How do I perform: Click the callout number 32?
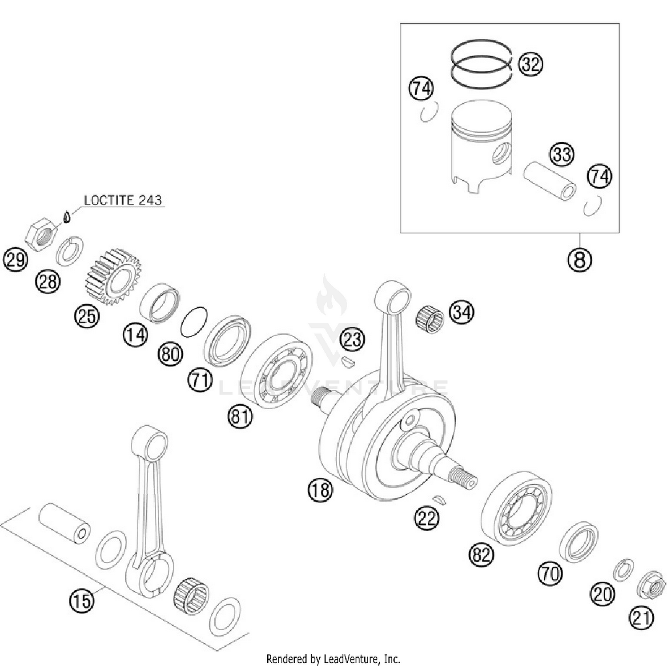(530, 64)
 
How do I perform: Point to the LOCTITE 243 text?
(123, 200)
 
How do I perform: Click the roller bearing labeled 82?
(517, 508)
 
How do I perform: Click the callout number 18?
(320, 490)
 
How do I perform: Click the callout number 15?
(82, 601)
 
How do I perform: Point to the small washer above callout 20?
(623, 569)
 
